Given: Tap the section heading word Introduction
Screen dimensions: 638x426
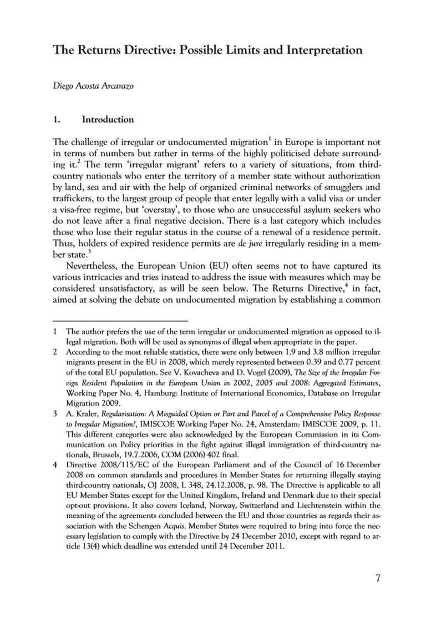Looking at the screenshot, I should pos(108,119).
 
